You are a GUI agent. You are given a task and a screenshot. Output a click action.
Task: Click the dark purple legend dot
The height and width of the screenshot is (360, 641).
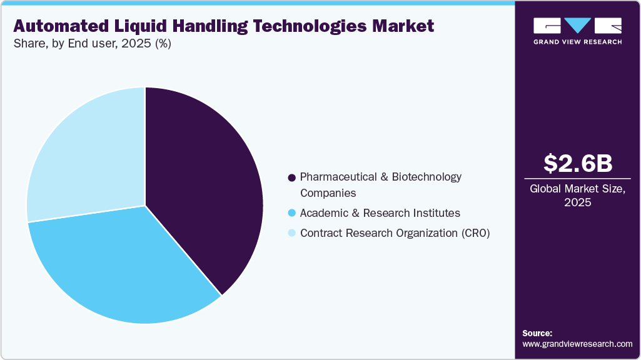pyautogui.click(x=291, y=177)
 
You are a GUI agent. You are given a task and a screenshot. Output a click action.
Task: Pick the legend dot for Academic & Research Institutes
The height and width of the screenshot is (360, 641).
pyautogui.click(x=291, y=214)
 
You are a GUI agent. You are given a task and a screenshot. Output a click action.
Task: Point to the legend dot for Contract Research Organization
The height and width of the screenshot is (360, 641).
pyautogui.click(x=291, y=234)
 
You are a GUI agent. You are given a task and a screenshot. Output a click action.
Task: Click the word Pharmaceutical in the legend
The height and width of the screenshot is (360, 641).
pyautogui.click(x=336, y=177)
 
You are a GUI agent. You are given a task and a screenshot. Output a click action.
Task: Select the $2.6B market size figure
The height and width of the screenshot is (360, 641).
pyautogui.click(x=577, y=163)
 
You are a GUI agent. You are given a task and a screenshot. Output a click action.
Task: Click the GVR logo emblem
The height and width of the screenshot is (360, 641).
pyautogui.click(x=577, y=25)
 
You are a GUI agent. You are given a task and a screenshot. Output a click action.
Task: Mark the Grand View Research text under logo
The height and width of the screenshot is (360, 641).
pyautogui.click(x=577, y=42)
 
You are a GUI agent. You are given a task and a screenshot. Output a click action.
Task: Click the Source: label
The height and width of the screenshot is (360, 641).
pyautogui.click(x=537, y=333)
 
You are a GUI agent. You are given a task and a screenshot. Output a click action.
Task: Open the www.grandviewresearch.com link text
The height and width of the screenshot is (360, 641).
pyautogui.click(x=577, y=344)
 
